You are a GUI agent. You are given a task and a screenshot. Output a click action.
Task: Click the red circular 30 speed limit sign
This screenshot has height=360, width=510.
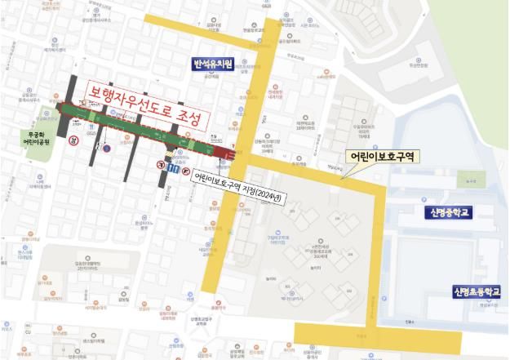click(73, 140)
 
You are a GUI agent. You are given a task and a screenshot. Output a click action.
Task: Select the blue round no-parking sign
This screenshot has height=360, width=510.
click(104, 149)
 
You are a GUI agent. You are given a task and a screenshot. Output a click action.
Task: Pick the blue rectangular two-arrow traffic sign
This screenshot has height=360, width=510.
click(173, 168)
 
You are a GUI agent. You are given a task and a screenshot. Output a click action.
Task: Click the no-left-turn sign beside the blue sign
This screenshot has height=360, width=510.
click(162, 163)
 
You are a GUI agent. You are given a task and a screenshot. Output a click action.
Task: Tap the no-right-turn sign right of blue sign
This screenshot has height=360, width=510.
click(185, 172)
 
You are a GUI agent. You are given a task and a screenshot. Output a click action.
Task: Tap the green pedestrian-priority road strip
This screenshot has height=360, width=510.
click(131, 127)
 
